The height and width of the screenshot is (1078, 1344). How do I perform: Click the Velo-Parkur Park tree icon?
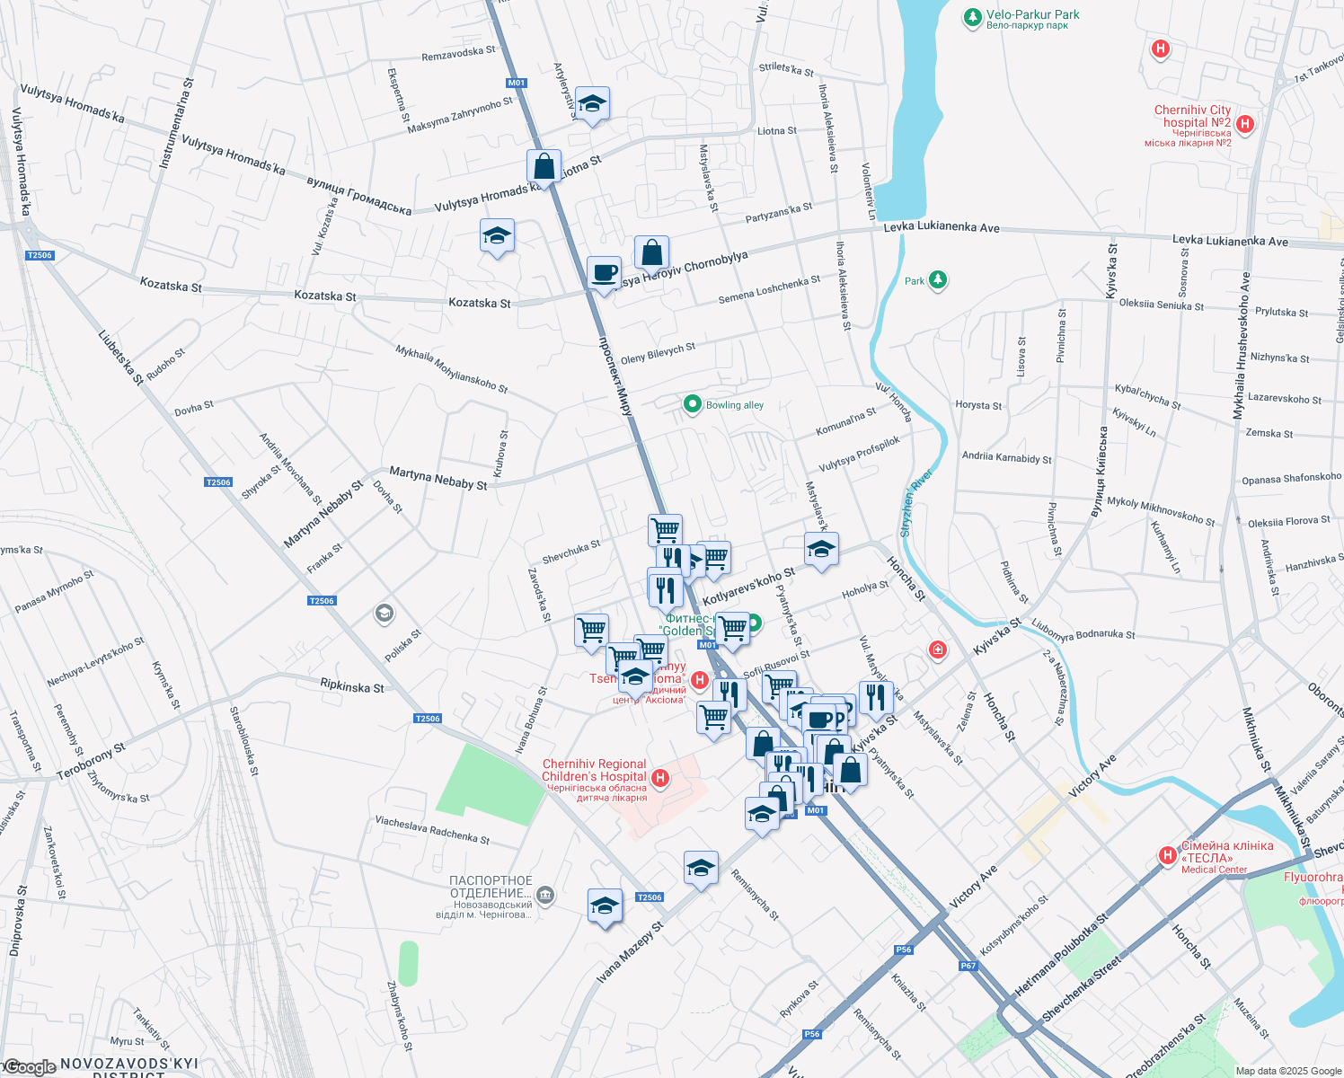(x=972, y=17)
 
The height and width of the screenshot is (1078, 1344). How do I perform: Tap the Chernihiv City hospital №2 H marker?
(x=1245, y=124)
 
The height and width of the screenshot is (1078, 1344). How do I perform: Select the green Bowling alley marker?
(x=692, y=404)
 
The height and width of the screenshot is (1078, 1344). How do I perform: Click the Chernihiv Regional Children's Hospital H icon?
(x=660, y=778)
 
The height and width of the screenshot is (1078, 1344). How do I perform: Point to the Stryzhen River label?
(x=916, y=503)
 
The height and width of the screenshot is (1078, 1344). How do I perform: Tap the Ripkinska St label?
(x=351, y=686)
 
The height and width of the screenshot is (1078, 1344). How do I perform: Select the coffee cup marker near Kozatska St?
(x=604, y=271)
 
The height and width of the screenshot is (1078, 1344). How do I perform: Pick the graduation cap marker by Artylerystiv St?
(x=591, y=104)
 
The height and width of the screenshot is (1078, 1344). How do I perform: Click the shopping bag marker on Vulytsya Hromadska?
(x=544, y=166)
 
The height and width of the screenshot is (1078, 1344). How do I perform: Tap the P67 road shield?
(x=968, y=966)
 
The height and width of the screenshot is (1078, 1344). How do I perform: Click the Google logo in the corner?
(x=29, y=1067)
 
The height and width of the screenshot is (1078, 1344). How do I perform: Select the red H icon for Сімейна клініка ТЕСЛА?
(x=1167, y=855)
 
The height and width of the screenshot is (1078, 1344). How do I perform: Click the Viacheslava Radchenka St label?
(x=432, y=830)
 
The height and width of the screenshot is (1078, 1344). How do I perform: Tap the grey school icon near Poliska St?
(x=385, y=614)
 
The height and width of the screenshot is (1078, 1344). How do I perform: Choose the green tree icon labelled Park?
(x=937, y=281)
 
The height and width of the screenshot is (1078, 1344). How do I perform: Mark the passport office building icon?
(x=545, y=896)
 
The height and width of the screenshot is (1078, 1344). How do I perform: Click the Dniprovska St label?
(x=17, y=921)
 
